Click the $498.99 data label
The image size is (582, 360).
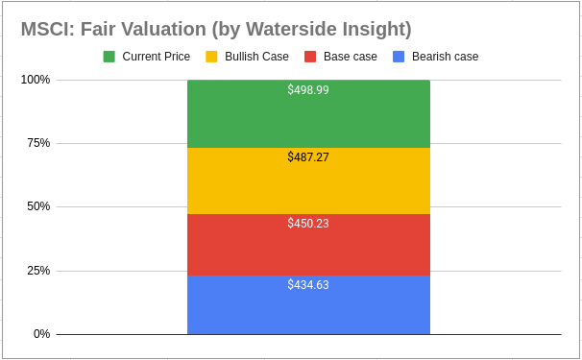click(308, 90)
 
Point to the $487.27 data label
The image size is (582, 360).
click(308, 156)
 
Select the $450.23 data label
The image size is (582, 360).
click(308, 223)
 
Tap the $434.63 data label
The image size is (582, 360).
click(308, 285)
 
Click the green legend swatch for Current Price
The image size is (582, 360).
click(109, 57)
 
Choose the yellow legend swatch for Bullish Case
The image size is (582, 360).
click(212, 57)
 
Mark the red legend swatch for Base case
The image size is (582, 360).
click(310, 57)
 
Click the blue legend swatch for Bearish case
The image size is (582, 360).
click(399, 57)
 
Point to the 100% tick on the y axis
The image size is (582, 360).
click(36, 80)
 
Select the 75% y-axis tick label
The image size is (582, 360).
click(38, 143)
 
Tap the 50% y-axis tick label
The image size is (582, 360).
click(38, 206)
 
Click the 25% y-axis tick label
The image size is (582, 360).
click(38, 271)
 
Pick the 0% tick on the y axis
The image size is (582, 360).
click(41, 334)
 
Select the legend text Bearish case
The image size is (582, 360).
click(445, 57)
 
